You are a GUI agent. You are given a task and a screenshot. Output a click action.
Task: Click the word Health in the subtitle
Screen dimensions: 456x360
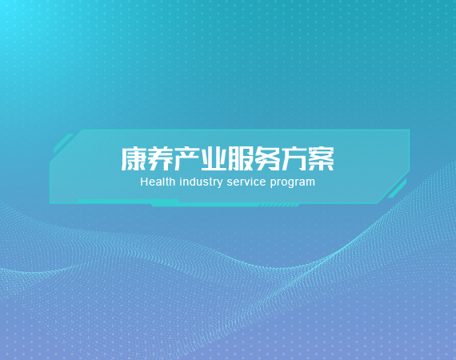pos(158,182)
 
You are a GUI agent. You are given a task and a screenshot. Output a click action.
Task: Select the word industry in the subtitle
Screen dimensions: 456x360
pos(201,182)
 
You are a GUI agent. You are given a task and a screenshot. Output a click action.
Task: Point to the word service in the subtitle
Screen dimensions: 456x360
pos(246,182)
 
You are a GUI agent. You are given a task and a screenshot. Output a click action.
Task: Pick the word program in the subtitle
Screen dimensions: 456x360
pos(292,183)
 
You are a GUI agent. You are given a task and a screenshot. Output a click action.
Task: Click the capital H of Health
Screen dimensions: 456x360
pos(144,182)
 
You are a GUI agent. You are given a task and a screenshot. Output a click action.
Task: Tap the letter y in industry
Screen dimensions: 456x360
pos(219,184)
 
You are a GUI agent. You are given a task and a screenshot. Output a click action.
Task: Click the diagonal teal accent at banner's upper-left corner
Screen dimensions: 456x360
pos(63,143)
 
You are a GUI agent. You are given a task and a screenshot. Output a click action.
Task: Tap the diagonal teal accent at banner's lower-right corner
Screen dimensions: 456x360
pos(397,189)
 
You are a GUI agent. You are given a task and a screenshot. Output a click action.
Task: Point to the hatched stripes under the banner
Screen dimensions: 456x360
pos(279,206)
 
